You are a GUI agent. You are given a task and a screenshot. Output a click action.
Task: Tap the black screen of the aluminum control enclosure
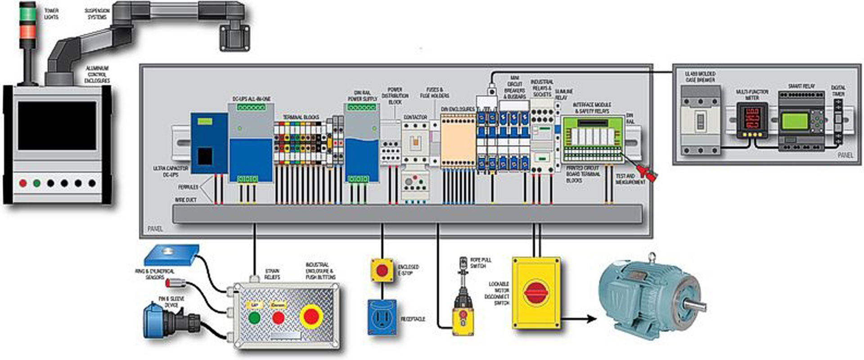tap(57, 126)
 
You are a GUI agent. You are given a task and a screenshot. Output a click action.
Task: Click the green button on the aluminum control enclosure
tap(37, 183)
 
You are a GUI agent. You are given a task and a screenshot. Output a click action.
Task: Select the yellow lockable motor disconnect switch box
tap(536, 292)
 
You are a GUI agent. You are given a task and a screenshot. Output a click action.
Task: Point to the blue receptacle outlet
tap(382, 318)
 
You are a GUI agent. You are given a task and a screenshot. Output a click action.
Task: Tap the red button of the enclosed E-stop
tap(382, 270)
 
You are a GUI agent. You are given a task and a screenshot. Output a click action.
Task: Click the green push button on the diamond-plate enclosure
tap(254, 318)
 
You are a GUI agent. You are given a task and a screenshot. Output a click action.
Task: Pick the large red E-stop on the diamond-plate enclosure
tap(311, 316)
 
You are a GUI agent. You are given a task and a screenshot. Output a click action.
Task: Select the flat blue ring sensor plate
tap(171, 254)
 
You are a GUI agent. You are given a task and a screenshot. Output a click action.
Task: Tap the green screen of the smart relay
tap(795, 121)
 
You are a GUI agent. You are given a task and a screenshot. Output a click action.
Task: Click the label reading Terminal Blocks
tap(301, 117)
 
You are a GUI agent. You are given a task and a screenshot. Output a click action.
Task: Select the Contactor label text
tap(415, 117)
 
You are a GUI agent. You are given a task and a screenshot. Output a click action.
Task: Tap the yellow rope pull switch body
tap(463, 322)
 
